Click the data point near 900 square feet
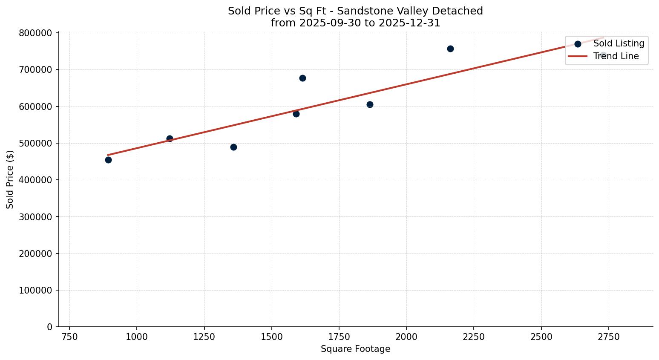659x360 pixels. [108, 160]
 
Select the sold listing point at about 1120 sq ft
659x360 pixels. [170, 138]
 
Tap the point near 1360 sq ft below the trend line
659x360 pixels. [233, 147]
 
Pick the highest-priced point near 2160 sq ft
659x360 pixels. [450, 49]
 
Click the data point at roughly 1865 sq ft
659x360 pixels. [370, 104]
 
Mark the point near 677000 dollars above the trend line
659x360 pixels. [302, 78]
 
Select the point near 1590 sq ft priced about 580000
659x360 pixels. [296, 114]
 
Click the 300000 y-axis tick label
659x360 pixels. [36, 217]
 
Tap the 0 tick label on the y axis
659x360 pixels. [50, 327]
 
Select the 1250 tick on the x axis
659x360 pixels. [204, 337]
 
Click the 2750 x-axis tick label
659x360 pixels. [608, 337]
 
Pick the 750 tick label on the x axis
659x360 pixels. [69, 337]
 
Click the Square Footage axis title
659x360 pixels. [355, 349]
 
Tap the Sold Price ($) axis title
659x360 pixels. [10, 179]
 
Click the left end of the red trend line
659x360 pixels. [108, 155]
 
